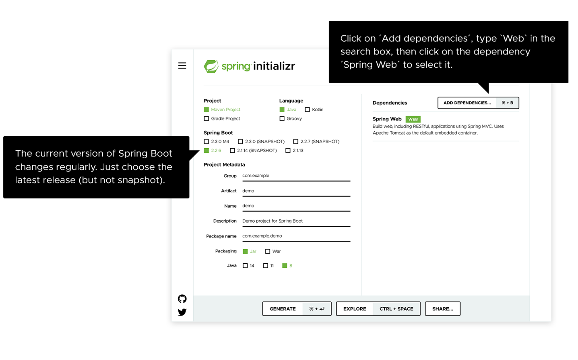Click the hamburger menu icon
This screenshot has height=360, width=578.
(x=182, y=66)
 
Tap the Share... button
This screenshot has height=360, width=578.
(x=443, y=309)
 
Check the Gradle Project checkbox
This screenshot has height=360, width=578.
(x=207, y=119)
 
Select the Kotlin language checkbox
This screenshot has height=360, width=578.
(x=307, y=110)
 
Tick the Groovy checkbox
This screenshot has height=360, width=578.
(x=282, y=119)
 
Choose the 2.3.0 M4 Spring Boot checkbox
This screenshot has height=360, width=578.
(x=207, y=142)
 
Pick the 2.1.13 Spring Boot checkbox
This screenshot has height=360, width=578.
(x=288, y=151)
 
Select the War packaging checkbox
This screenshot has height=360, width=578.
(x=268, y=252)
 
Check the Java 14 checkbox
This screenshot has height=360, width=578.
(x=245, y=266)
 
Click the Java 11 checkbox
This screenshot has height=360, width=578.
(x=266, y=266)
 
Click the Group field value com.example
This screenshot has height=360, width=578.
(x=256, y=176)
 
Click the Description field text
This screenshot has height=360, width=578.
(x=273, y=221)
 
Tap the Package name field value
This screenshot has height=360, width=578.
(x=262, y=236)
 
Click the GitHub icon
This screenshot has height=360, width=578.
(x=182, y=299)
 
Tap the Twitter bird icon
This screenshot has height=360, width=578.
(x=182, y=312)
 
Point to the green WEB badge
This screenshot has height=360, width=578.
(x=413, y=119)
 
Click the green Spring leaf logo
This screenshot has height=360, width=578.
(x=211, y=66)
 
